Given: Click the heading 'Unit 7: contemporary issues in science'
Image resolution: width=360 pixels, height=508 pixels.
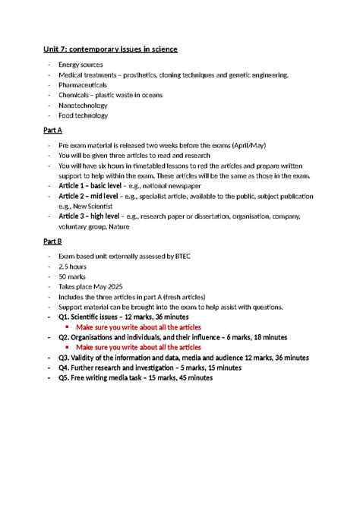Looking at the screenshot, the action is click(x=110, y=49).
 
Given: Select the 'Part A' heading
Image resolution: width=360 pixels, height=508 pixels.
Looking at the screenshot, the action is click(x=52, y=131).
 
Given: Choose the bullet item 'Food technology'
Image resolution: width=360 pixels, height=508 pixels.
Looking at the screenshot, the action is click(x=84, y=115).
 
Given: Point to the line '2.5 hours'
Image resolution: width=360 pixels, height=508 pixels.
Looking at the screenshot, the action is click(x=75, y=267).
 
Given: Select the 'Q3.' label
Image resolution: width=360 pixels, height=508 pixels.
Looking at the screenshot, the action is click(x=66, y=357).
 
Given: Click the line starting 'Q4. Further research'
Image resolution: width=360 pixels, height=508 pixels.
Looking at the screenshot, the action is click(x=150, y=368).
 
